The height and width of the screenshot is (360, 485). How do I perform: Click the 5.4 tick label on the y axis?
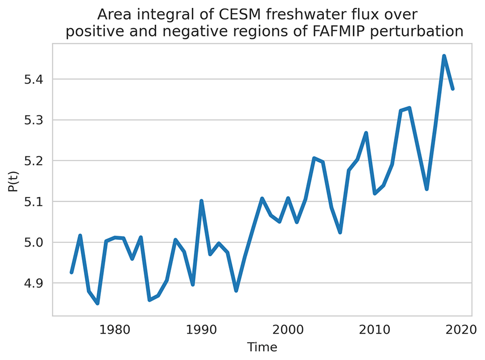[33, 79]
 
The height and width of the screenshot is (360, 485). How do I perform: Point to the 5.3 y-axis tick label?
[33, 120]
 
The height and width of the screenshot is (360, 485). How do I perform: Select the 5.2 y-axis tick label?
[33, 161]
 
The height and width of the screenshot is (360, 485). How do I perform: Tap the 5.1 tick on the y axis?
[33, 202]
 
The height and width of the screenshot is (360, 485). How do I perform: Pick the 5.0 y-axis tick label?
[33, 243]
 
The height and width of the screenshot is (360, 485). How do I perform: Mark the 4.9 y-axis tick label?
[33, 283]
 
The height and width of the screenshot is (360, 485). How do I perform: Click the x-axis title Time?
[262, 347]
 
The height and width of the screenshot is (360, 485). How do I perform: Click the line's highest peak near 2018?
[444, 56]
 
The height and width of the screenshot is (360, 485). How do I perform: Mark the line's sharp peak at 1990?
[201, 201]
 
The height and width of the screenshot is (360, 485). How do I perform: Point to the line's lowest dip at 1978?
[98, 303]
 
